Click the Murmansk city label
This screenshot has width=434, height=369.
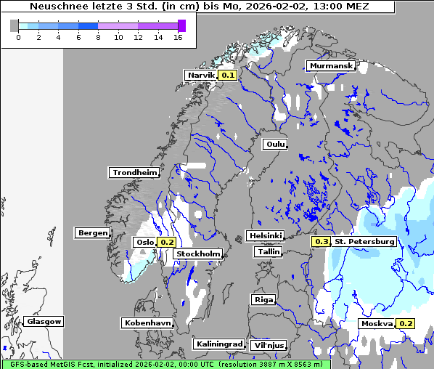click(331, 66)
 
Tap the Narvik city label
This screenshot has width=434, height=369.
click(201, 75)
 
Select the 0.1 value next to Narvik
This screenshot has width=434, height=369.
click(228, 75)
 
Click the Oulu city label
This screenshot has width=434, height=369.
click(275, 145)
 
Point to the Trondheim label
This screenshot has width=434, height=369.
click(134, 173)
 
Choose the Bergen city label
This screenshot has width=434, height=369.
click(91, 233)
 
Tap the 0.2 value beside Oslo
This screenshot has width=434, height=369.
click(167, 242)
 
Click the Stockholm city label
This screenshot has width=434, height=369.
click(198, 254)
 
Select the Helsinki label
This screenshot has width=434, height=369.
click(265, 236)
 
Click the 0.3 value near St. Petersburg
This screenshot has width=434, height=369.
click(321, 241)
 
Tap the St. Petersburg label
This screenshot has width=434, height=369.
click(364, 241)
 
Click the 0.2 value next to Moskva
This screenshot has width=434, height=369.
click(406, 323)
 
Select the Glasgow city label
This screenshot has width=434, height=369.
click(44, 321)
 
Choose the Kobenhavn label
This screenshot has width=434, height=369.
click(147, 323)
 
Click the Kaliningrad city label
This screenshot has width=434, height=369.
click(218, 344)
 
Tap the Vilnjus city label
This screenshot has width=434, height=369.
click(269, 345)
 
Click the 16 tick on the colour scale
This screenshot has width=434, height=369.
click(178, 37)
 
